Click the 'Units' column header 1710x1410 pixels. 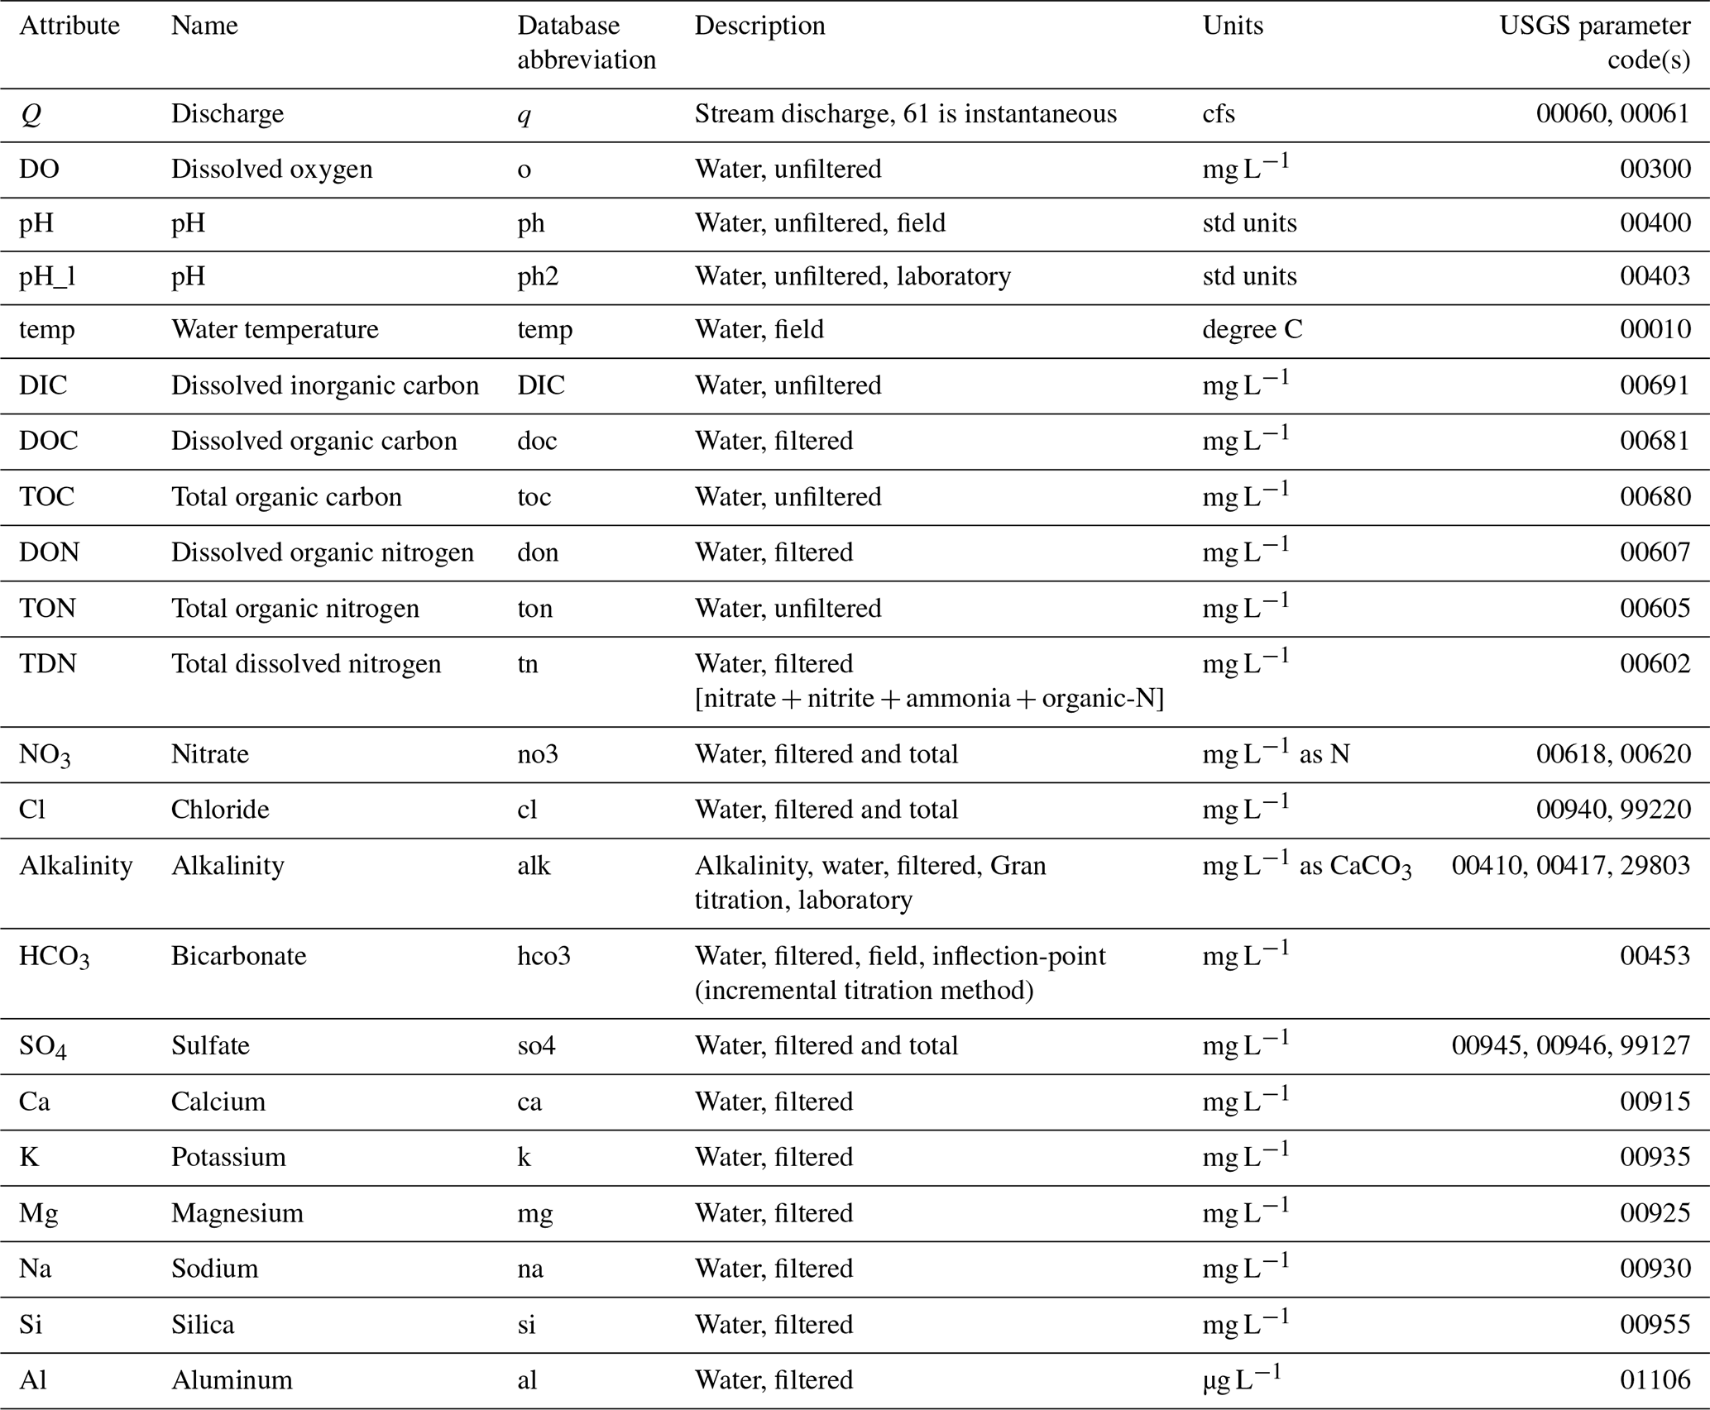pyautogui.click(x=1233, y=26)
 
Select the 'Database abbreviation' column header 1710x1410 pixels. pyautogui.click(x=586, y=42)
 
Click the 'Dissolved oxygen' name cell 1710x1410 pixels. pyautogui.click(x=271, y=169)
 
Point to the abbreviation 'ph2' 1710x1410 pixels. pyautogui.click(x=538, y=275)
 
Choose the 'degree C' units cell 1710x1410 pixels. pyautogui.click(x=1252, y=329)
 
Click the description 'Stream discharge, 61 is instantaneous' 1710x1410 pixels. pyautogui.click(x=905, y=113)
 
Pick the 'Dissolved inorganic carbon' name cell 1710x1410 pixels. pyautogui.click(x=324, y=385)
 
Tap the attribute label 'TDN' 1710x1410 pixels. pyautogui.click(x=48, y=663)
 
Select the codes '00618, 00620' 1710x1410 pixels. pyautogui.click(x=1612, y=754)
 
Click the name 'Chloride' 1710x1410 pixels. pyautogui.click(x=220, y=809)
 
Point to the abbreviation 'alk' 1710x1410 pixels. pyautogui.click(x=534, y=865)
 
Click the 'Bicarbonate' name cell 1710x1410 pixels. pyautogui.click(x=238, y=955)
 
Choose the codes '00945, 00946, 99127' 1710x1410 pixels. pyautogui.click(x=1570, y=1045)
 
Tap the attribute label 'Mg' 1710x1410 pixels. pyautogui.click(x=38, y=1212)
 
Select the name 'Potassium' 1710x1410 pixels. pyautogui.click(x=228, y=1156)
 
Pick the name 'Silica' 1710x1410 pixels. pyautogui.click(x=203, y=1324)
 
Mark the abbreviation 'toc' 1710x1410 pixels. pyautogui.click(x=534, y=496)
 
